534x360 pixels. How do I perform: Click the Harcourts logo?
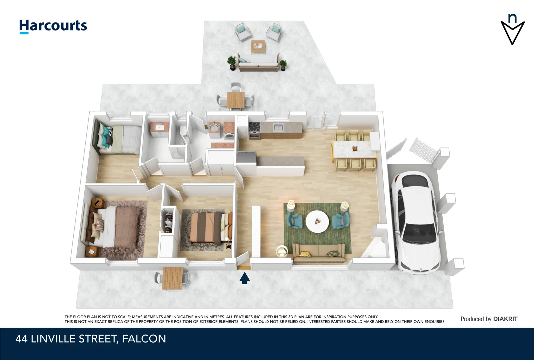[x=53, y=26]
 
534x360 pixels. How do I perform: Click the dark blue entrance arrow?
[x=245, y=278]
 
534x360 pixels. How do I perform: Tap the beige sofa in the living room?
[x=318, y=252]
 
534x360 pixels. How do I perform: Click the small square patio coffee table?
[x=258, y=46]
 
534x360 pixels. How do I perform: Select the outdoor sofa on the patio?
[x=258, y=62]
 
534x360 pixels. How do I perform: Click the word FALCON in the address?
[x=144, y=339]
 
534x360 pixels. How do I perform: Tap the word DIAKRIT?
[x=505, y=319]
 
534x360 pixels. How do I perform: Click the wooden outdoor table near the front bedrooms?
[x=172, y=278]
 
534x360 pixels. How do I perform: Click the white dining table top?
[x=354, y=149]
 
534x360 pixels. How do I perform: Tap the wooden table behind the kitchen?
[x=235, y=100]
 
